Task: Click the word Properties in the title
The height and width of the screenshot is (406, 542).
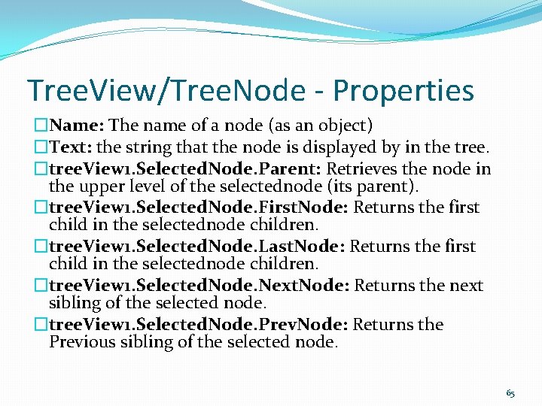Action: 403,91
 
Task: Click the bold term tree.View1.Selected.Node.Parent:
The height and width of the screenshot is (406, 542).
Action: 185,168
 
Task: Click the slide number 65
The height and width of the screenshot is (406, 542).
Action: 510,393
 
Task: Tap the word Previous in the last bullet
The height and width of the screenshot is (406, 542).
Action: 82,342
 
